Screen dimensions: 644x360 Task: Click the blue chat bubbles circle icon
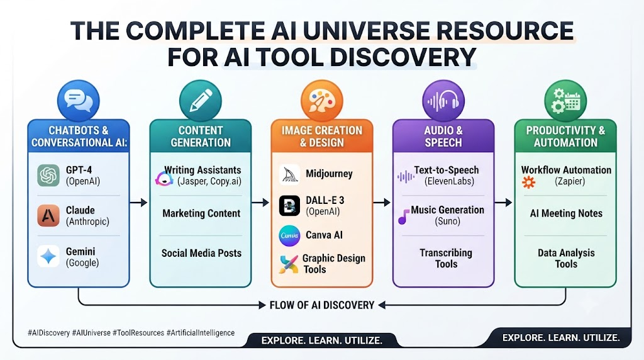79,101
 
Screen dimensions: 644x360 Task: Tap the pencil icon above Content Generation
201,101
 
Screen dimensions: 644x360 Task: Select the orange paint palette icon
322,101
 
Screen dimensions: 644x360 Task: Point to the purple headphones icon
443,101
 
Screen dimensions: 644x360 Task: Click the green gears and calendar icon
565,101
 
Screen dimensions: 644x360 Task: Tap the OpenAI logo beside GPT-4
48,176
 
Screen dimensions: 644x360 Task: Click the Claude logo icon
48,216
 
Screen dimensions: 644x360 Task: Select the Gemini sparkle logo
48,256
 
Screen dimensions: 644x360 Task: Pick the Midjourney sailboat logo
289,174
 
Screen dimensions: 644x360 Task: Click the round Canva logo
289,236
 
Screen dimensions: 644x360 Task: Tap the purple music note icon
404,217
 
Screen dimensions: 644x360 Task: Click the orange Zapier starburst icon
528,182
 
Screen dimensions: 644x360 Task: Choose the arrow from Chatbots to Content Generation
138,202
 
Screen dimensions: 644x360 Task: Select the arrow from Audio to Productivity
504,202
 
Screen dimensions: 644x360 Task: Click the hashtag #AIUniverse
91,333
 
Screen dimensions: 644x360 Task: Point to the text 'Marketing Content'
201,213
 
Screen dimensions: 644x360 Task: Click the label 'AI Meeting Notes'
566,213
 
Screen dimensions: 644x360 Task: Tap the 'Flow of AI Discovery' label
322,305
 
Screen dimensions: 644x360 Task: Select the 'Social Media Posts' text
201,253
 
